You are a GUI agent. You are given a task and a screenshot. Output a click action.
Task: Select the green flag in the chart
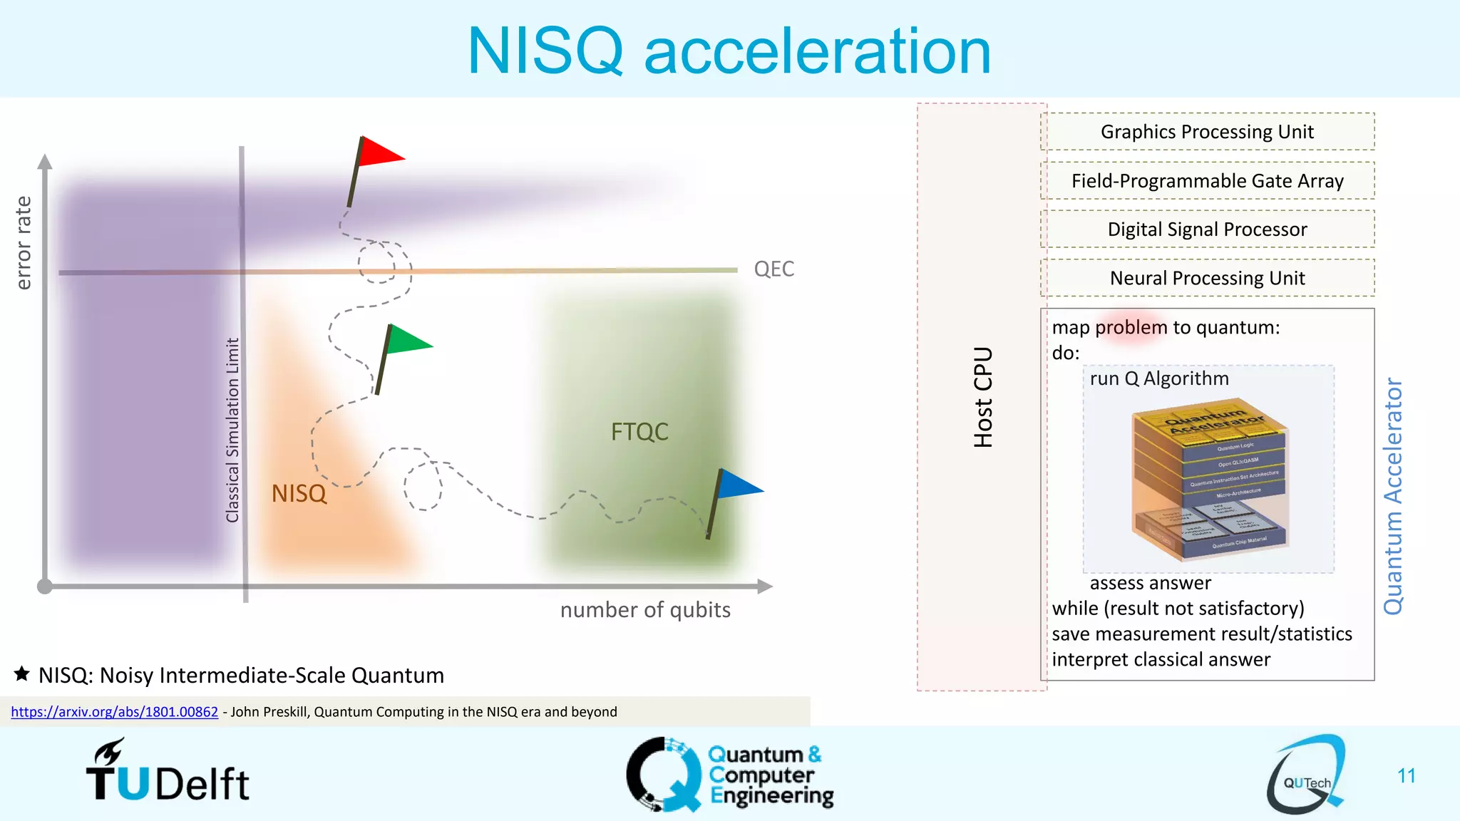pos(408,340)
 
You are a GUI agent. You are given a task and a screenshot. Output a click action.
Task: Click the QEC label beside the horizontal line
pos(773,269)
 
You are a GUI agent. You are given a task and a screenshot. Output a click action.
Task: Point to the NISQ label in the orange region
pos(299,493)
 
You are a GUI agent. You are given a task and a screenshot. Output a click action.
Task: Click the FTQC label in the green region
pos(639,432)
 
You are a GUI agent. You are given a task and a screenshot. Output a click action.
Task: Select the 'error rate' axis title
pos(24,243)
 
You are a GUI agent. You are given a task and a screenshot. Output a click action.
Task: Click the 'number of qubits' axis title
pos(645,610)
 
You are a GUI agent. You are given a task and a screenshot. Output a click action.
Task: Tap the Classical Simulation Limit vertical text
pos(232,430)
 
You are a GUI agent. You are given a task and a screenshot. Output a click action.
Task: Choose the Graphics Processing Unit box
pos(1207,132)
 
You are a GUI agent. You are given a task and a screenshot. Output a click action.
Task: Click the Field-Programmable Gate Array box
pos(1207,181)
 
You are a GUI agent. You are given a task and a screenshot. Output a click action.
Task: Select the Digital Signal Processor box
pos(1207,229)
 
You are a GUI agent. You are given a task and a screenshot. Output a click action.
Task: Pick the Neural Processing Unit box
pos(1207,278)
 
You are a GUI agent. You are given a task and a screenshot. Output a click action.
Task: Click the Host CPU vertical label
pos(983,397)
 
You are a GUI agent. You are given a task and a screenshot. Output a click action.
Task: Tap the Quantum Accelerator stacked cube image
pos(1210,481)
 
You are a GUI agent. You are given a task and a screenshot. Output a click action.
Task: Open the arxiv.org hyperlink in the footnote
pos(115,712)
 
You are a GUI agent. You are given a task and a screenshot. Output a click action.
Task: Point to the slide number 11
pos(1406,775)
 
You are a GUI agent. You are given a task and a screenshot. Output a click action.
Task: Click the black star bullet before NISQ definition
pos(22,673)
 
